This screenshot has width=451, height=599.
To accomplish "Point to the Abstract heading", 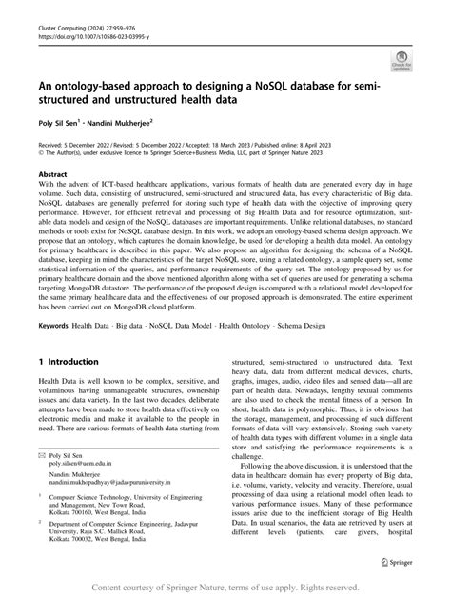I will tap(52, 175).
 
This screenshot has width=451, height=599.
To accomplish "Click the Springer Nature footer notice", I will tap(225, 589).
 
